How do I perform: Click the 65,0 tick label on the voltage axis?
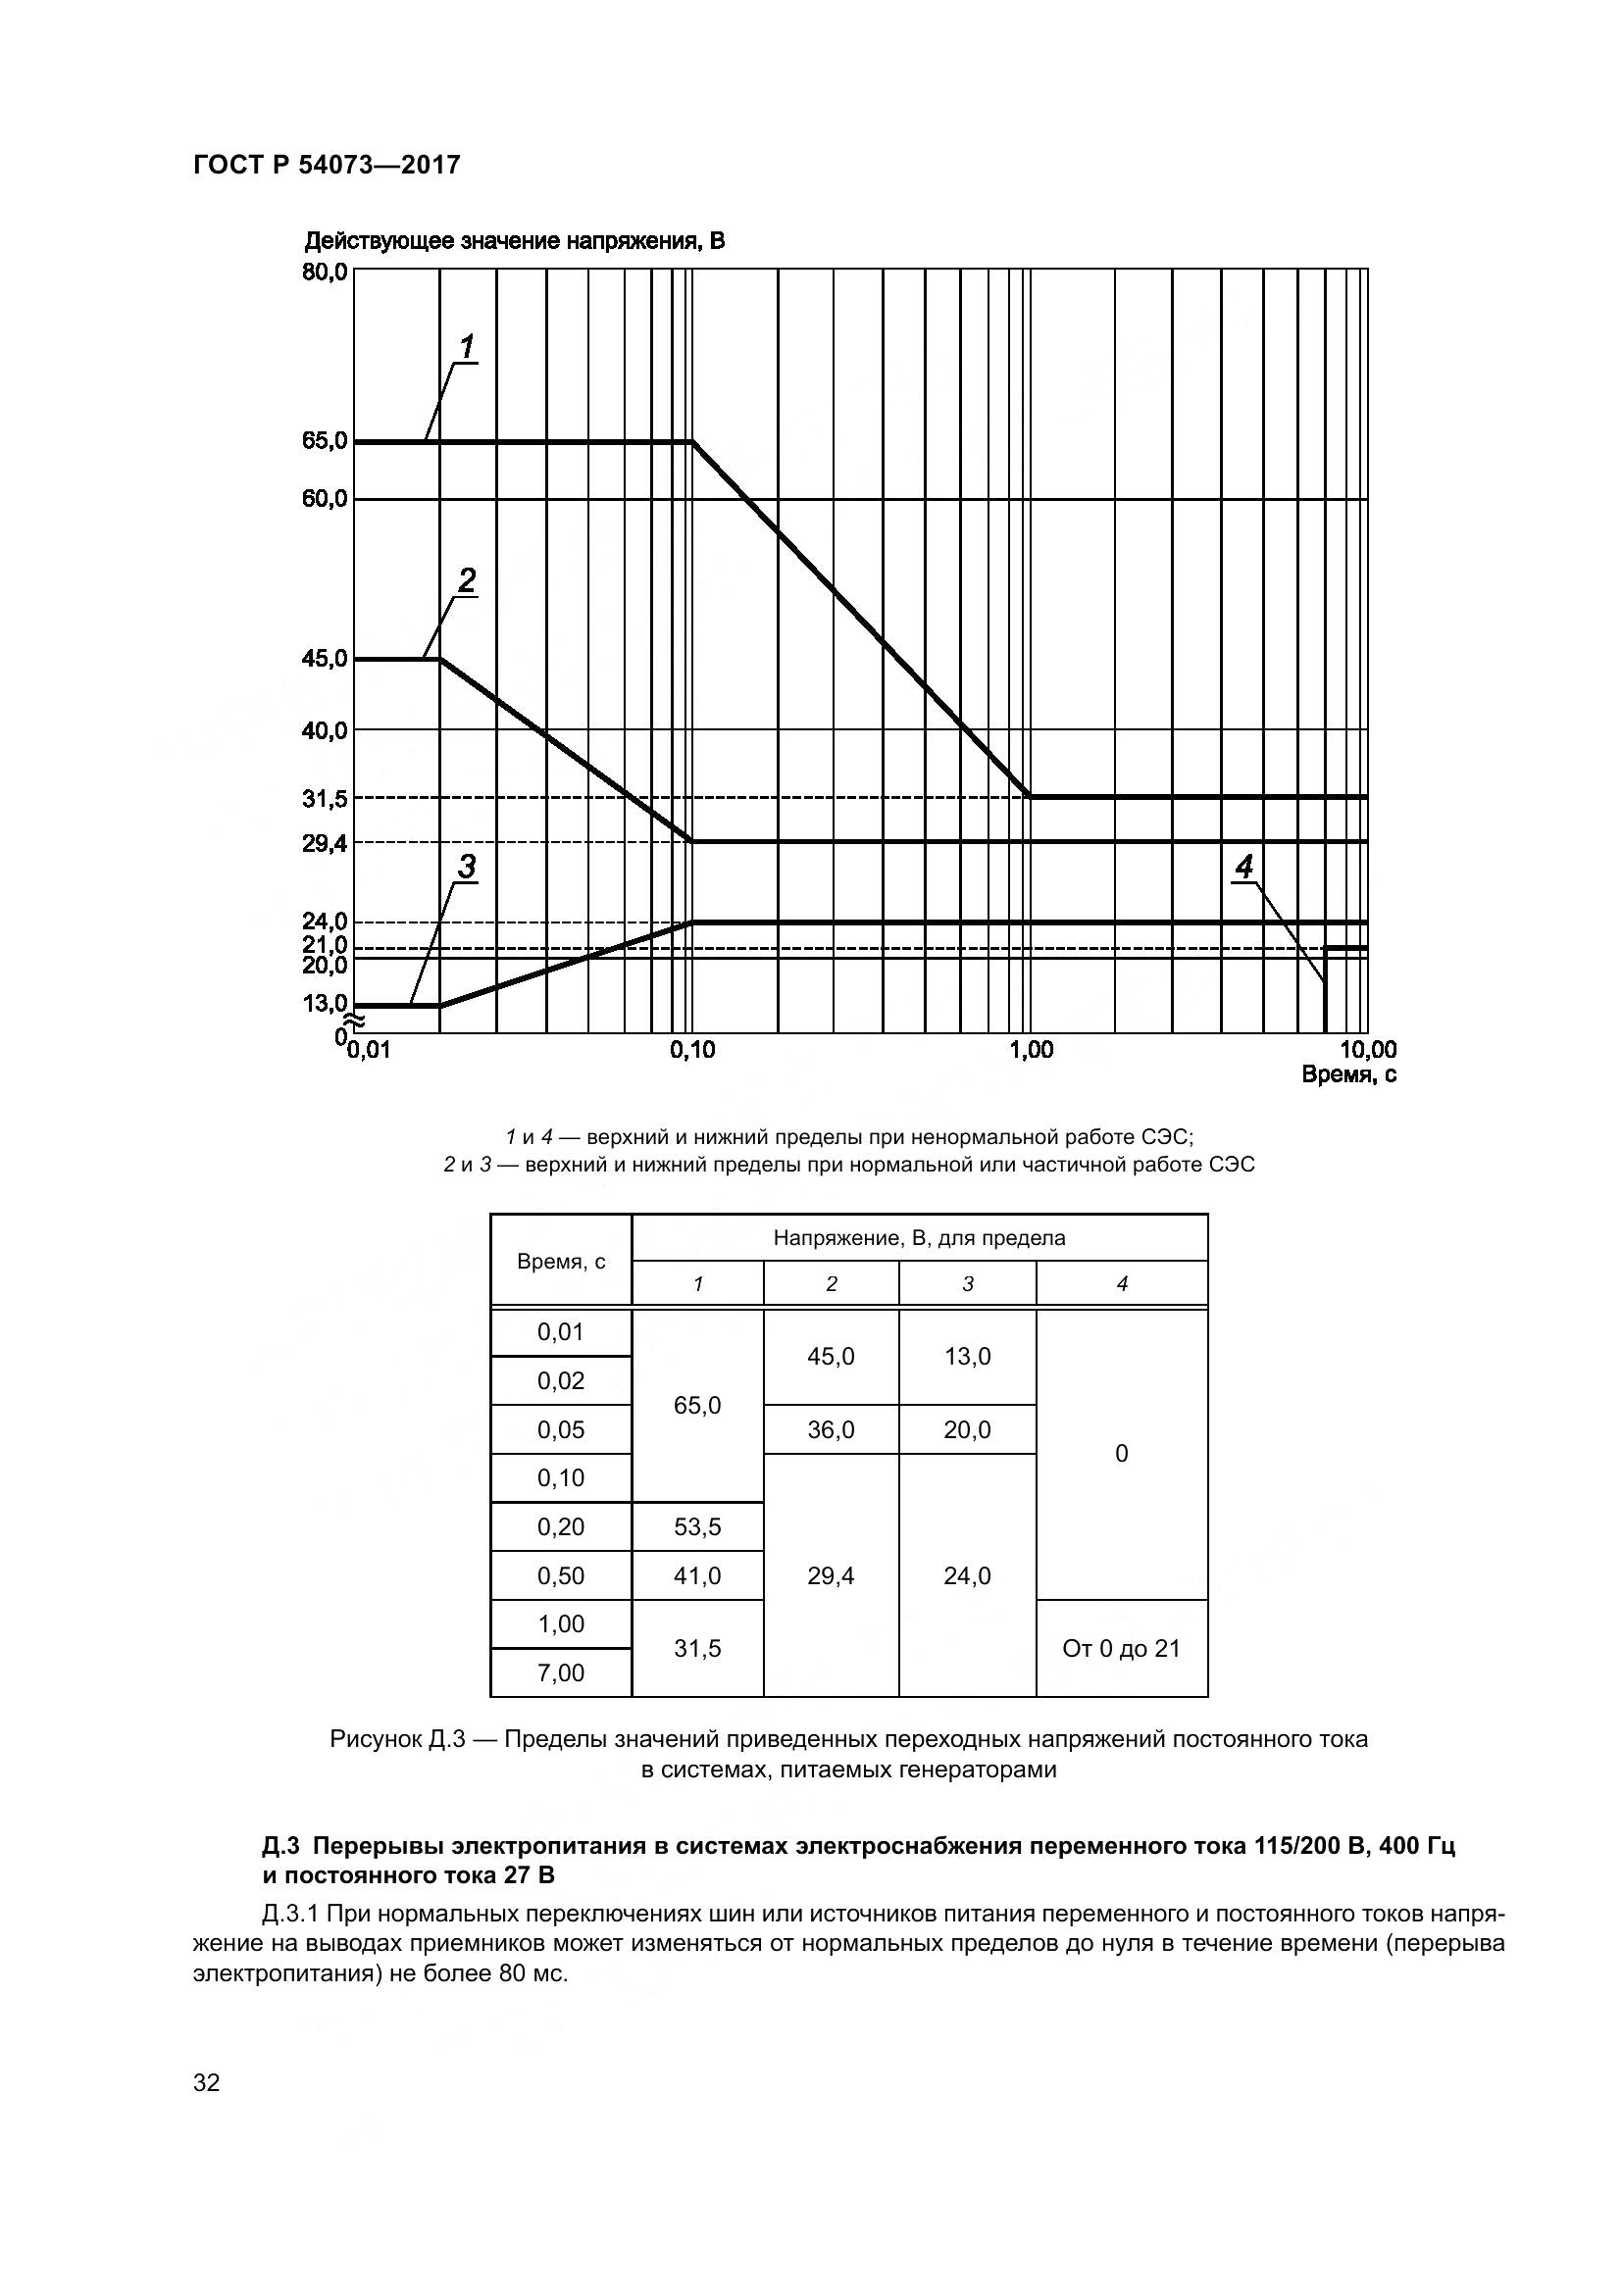tap(325, 440)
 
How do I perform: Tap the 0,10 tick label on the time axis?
tap(692, 1050)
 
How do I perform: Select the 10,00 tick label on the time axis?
tap(1367, 1050)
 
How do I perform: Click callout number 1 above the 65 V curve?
tap(466, 348)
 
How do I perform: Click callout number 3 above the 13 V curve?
tap(466, 867)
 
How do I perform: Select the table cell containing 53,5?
tap(697, 1527)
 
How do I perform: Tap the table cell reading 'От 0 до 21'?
tap(1121, 1649)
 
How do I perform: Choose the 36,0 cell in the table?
tap(830, 1430)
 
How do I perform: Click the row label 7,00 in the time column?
tap(560, 1672)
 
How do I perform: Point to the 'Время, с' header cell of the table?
tap(560, 1262)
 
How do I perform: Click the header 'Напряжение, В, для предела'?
tap(919, 1238)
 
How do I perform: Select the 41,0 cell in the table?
tap(697, 1576)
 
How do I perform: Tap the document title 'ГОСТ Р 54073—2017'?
tap(327, 165)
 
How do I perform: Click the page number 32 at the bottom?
tap(206, 2083)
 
